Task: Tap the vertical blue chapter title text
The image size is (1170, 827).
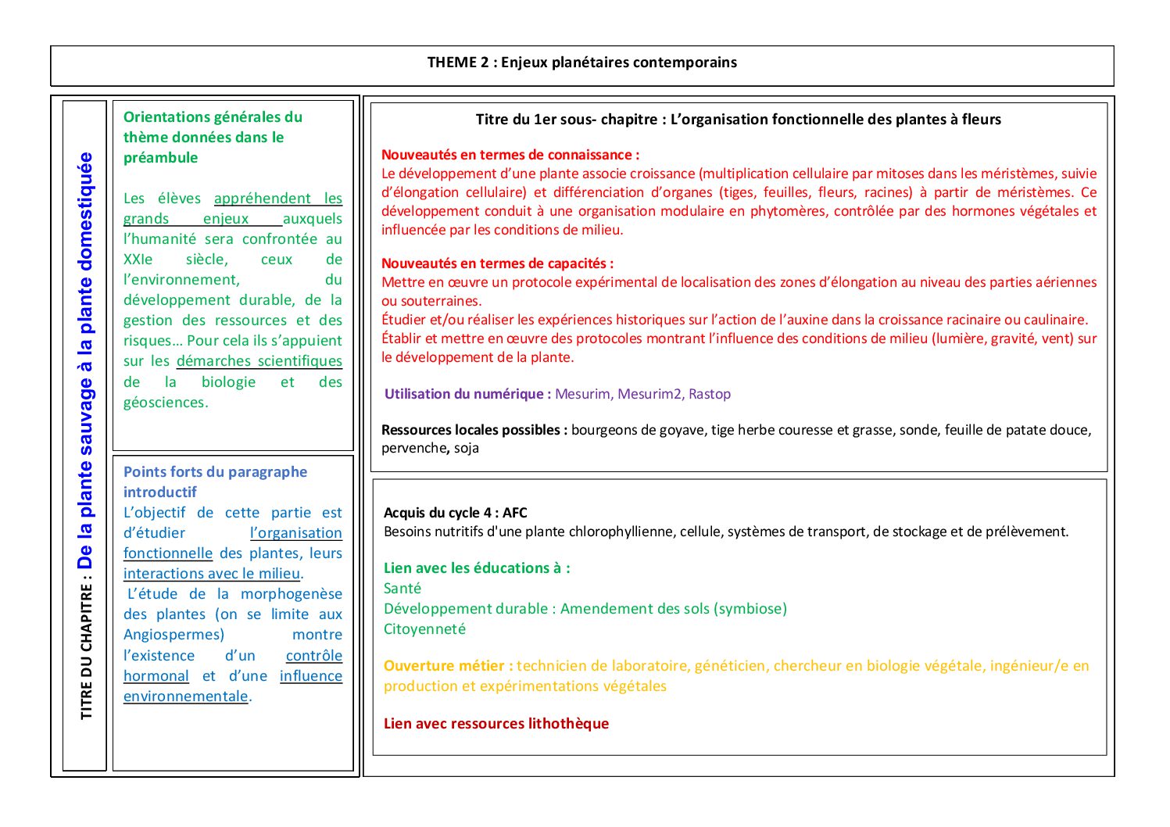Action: pyautogui.click(x=85, y=360)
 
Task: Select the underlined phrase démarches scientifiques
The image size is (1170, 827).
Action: pyautogui.click(x=259, y=361)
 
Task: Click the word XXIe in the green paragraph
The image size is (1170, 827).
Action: pyautogui.click(x=138, y=260)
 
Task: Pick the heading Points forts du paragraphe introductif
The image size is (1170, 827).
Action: pyautogui.click(x=215, y=482)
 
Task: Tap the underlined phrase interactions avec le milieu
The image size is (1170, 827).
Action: pyautogui.click(x=212, y=574)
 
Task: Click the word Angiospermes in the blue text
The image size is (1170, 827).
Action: pyautogui.click(x=174, y=635)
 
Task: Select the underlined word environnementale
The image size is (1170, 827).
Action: pyautogui.click(x=186, y=696)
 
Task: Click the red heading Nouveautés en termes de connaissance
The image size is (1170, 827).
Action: pyautogui.click(x=510, y=155)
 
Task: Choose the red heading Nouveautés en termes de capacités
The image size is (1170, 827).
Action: pyautogui.click(x=497, y=263)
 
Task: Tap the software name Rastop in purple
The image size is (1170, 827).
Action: pyautogui.click(x=709, y=394)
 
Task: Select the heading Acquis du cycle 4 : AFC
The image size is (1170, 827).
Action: pyautogui.click(x=456, y=513)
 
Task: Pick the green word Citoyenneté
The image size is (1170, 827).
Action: pyautogui.click(x=424, y=629)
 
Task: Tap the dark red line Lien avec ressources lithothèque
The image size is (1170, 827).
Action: pyautogui.click(x=496, y=724)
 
